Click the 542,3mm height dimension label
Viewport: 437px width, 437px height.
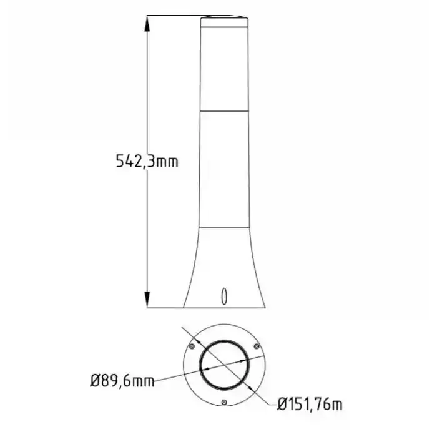pos(147,161)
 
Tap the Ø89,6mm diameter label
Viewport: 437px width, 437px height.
pos(122,381)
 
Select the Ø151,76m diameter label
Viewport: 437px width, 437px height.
pos(310,404)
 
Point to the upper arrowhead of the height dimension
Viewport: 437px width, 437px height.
pos(147,23)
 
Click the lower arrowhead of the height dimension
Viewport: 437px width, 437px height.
pos(147,300)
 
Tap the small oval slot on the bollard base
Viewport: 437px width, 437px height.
pos(223,296)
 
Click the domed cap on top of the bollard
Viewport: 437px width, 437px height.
pos(224,21)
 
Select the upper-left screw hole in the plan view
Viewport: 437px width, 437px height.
pos(192,346)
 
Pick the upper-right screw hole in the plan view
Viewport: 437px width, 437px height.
pos(257,346)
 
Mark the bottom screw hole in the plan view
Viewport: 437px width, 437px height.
pos(224,402)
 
